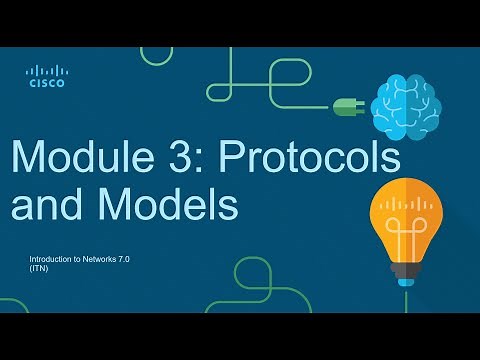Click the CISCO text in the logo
coord(46,84)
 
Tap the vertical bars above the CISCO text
coord(46,71)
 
